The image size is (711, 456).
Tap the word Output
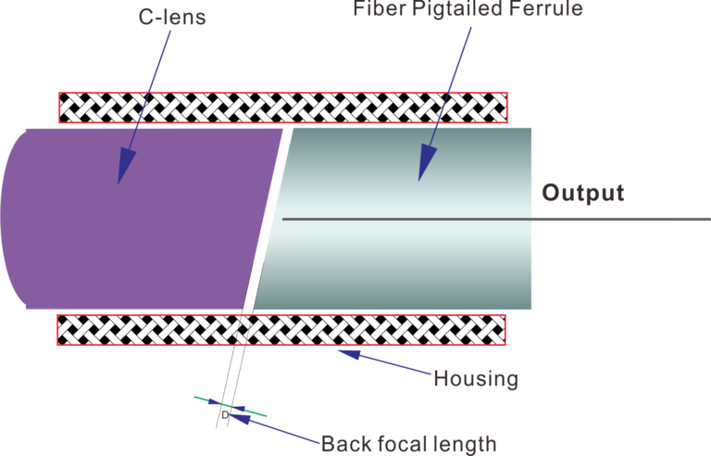583,194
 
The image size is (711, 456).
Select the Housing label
475,379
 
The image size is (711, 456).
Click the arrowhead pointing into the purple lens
121,171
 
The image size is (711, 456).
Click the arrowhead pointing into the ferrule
426,167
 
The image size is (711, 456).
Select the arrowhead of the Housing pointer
344,352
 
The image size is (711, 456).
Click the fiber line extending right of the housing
630,220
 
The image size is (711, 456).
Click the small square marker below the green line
224,414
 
